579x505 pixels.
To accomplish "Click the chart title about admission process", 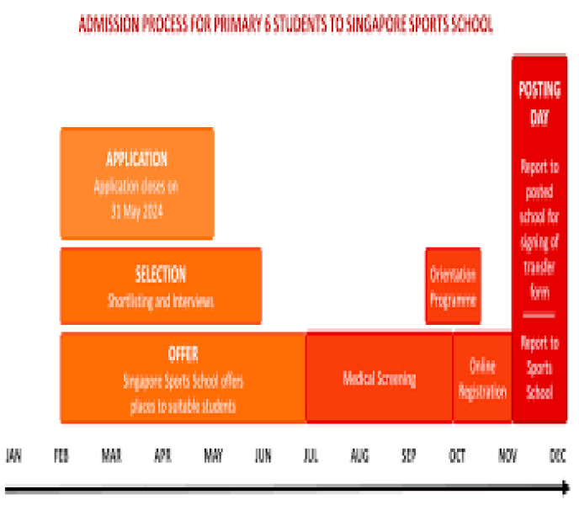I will (x=286, y=25).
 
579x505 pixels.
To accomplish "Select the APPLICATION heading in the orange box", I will (x=136, y=159).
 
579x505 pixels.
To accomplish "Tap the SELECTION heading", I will (x=160, y=274).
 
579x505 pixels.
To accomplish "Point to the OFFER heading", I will (x=183, y=353).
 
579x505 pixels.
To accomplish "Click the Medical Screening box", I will (x=379, y=378).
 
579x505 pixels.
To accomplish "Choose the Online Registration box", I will (x=482, y=378).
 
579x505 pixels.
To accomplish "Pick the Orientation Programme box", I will (x=453, y=286).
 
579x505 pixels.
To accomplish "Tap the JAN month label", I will (x=13, y=455).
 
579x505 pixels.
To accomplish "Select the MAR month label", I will (x=111, y=455).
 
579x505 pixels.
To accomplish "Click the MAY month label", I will (x=212, y=455).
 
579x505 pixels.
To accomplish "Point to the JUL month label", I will (x=311, y=455).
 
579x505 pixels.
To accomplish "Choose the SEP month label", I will (x=408, y=455).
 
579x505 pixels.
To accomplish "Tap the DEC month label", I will (x=556, y=455).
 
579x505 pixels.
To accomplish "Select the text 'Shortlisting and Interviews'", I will (x=160, y=301).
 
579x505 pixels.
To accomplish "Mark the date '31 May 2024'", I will (x=136, y=212).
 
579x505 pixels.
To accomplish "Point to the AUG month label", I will (x=359, y=455).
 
